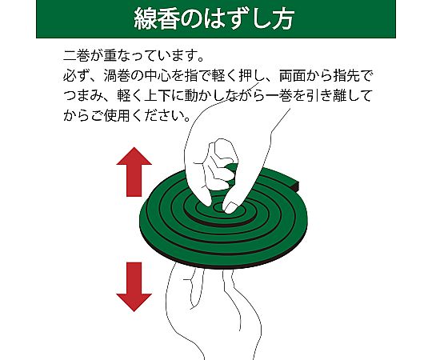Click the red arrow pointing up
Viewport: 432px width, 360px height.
pyautogui.click(x=134, y=171)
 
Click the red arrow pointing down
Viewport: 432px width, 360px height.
pyautogui.click(x=134, y=286)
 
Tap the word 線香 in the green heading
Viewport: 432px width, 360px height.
pyautogui.click(x=156, y=19)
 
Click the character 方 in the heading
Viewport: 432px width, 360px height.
pyautogui.click(x=282, y=19)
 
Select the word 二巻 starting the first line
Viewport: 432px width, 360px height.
pyautogui.click(x=77, y=56)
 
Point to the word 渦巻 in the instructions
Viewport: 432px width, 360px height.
pyautogui.click(x=117, y=76)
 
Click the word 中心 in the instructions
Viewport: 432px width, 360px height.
pyautogui.click(x=158, y=76)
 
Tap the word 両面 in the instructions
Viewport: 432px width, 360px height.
pyautogui.click(x=293, y=76)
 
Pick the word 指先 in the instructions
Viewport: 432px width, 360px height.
pyautogui.click(x=346, y=76)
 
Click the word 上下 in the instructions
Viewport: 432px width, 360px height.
pyautogui.click(x=158, y=96)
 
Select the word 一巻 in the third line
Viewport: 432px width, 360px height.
pyautogui.click(x=279, y=96)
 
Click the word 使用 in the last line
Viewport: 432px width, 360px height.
pyautogui.click(x=117, y=116)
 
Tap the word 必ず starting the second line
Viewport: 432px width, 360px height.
pyautogui.click(x=77, y=76)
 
